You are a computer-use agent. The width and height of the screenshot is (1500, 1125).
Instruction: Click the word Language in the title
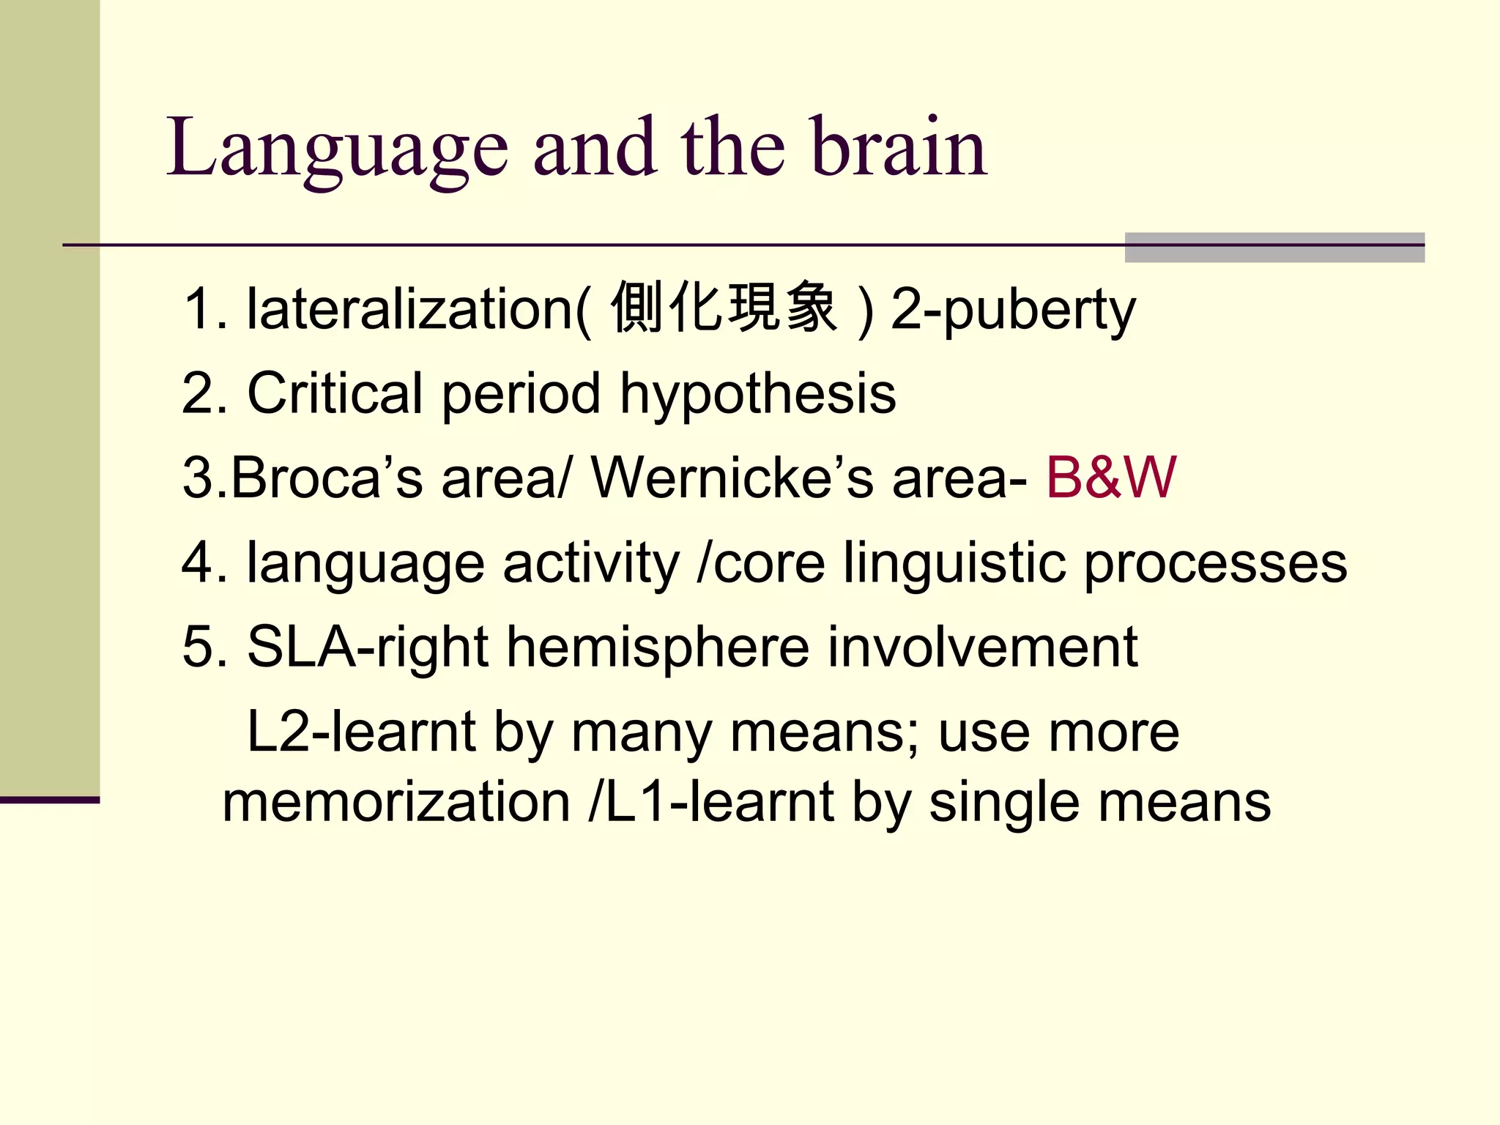click(337, 150)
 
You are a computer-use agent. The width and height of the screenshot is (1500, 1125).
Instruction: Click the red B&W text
click(1110, 478)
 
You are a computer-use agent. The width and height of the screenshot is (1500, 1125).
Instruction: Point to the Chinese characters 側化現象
click(724, 308)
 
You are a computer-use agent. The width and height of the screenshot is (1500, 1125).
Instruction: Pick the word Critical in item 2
click(335, 394)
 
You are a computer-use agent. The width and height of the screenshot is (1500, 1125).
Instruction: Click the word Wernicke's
click(732, 478)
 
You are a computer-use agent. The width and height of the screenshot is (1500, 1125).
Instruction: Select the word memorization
click(396, 803)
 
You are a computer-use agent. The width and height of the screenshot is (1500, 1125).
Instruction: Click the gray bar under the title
click(1274, 248)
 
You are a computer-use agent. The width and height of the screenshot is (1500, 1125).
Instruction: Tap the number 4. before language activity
click(204, 563)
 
